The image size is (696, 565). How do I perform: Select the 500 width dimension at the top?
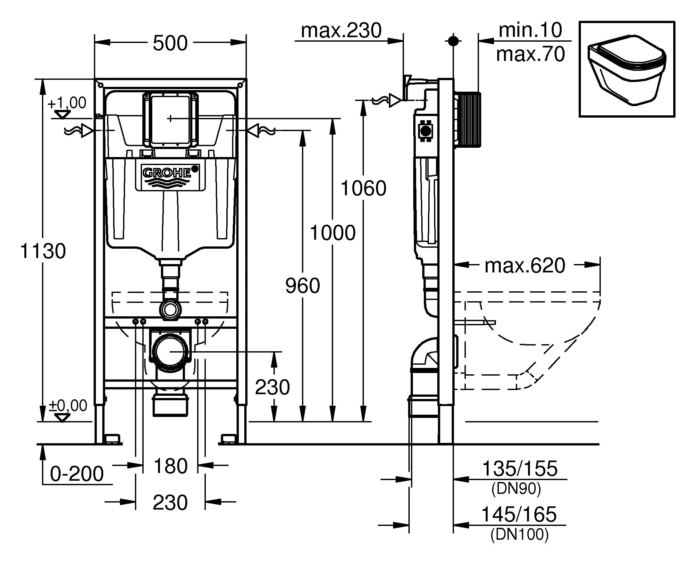(x=170, y=43)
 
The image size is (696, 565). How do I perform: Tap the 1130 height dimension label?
(x=43, y=251)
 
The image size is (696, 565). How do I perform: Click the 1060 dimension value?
(x=363, y=188)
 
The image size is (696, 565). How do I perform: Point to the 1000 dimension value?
(x=333, y=233)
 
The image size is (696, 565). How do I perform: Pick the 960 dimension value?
(x=303, y=286)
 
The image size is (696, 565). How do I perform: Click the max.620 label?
(x=525, y=266)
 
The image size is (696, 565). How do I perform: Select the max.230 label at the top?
(x=341, y=31)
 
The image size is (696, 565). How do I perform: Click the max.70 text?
(x=530, y=54)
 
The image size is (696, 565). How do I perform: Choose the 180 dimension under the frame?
(x=170, y=466)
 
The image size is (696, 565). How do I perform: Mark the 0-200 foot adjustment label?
(x=77, y=474)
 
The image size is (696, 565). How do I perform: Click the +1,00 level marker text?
(x=67, y=103)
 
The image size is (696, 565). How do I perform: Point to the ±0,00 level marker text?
(x=68, y=406)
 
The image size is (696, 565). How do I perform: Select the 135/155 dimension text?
(x=519, y=469)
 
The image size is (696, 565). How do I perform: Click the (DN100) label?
(x=519, y=535)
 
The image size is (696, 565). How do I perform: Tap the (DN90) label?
(x=516, y=488)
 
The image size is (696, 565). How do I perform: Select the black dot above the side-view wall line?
(x=453, y=41)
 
